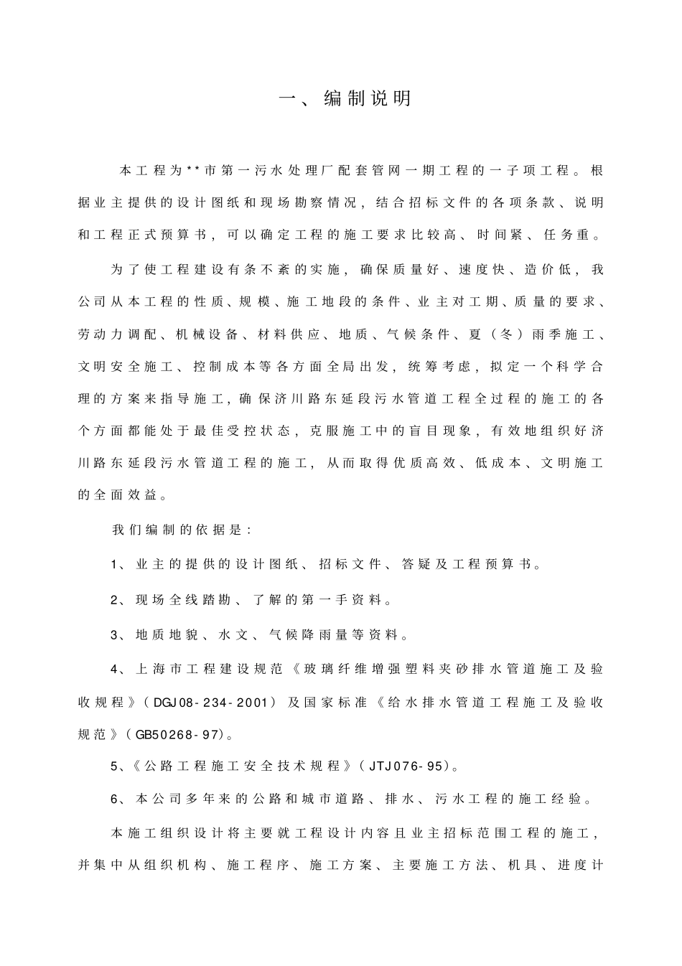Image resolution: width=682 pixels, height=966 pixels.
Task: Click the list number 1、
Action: click(x=119, y=565)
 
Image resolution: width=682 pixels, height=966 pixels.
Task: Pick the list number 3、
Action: click(x=119, y=635)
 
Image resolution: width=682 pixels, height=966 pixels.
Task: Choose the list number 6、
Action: click(x=119, y=799)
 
